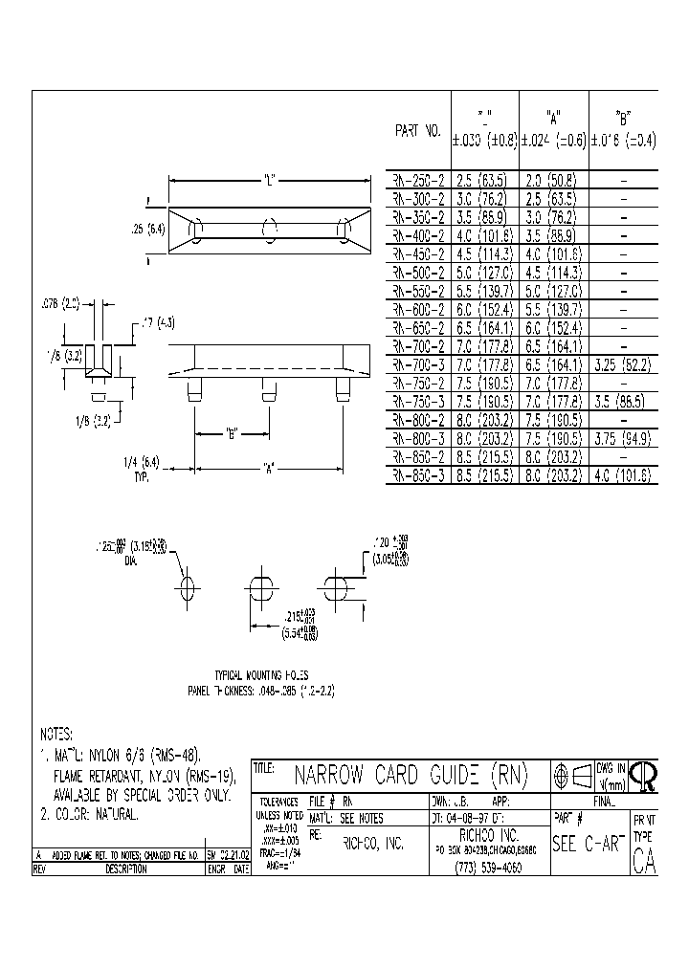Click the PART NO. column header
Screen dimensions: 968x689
[x=417, y=131]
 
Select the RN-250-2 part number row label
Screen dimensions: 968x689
[x=418, y=179]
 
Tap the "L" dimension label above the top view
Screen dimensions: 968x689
[x=269, y=179]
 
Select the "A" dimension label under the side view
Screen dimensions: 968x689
[x=271, y=468]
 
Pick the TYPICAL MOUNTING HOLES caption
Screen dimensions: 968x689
[x=261, y=674]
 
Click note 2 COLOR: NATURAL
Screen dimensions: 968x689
[x=91, y=815]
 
